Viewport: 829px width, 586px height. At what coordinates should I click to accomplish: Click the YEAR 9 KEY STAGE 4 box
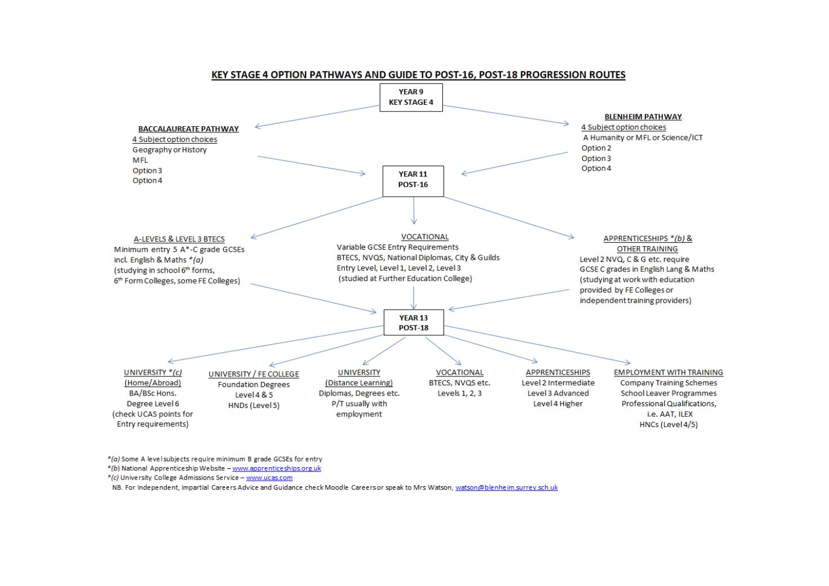(411, 97)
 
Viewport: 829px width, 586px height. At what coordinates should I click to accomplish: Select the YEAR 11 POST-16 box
(413, 180)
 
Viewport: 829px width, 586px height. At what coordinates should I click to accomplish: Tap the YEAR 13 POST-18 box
(414, 323)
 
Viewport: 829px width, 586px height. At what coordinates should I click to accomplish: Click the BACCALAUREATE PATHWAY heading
(188, 129)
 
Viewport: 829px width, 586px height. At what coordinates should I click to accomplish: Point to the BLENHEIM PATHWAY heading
(643, 117)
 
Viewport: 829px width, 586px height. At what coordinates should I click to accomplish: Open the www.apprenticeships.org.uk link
(276, 468)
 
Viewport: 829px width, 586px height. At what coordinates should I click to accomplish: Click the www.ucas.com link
(269, 478)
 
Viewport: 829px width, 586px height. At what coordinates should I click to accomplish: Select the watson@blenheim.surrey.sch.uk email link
(506, 487)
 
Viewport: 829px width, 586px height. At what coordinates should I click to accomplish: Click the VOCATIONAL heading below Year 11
(425, 237)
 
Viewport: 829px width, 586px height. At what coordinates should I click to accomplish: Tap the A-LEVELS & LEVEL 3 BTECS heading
(179, 239)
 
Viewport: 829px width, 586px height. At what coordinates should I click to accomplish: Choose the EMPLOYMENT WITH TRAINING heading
(668, 372)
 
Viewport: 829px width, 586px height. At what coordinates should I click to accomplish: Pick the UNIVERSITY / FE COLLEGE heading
(254, 374)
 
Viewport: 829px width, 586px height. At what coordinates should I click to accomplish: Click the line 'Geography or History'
(170, 150)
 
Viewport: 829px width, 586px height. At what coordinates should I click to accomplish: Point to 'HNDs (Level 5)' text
(254, 405)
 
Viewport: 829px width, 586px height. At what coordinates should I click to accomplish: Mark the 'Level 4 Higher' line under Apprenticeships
(558, 403)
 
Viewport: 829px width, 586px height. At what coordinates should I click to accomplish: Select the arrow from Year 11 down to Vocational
(414, 211)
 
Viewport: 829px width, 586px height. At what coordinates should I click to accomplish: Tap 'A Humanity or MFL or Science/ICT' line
(642, 137)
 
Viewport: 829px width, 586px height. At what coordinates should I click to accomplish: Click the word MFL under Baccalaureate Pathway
(140, 160)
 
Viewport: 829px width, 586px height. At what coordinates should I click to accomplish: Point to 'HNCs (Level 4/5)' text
(668, 425)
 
